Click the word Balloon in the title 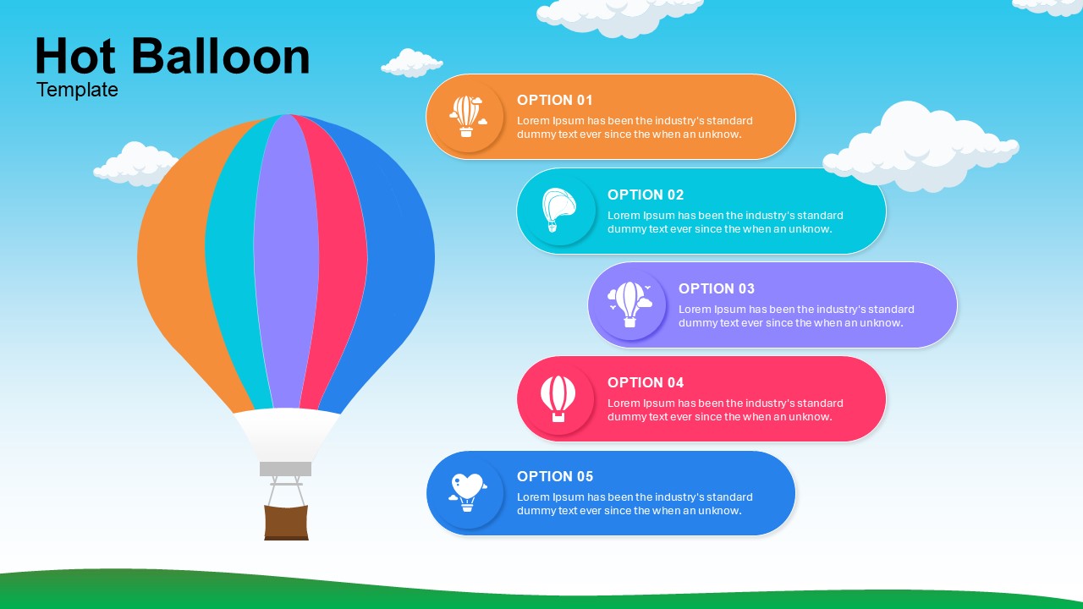(221, 56)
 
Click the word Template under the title (77, 90)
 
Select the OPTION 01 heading (554, 100)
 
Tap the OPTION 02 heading (646, 195)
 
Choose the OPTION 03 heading (717, 288)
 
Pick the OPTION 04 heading (646, 382)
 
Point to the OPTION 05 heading (554, 476)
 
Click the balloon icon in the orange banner (468, 117)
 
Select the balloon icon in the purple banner (629, 304)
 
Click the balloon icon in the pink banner (558, 398)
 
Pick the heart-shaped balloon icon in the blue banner (468, 492)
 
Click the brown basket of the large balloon (286, 523)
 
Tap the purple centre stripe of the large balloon (286, 261)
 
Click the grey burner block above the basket (286, 469)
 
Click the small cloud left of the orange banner (411, 63)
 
